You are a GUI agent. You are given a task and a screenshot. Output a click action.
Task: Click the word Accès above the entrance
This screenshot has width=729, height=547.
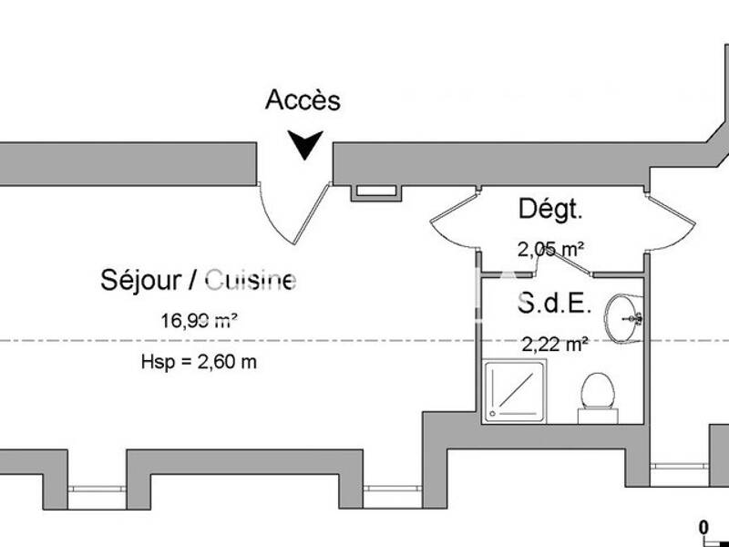(x=303, y=100)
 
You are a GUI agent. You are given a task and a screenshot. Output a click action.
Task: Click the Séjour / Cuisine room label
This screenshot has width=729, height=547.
(x=197, y=281)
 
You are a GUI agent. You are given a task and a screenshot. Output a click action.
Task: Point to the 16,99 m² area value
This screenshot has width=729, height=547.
(x=200, y=320)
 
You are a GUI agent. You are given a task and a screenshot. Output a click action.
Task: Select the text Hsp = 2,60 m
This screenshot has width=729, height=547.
(x=199, y=362)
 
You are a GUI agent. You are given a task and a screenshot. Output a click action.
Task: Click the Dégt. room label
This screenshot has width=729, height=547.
(x=549, y=210)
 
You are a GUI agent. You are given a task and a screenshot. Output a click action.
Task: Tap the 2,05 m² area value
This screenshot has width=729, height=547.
(x=550, y=248)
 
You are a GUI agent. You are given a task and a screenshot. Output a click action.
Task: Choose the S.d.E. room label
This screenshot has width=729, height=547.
(x=554, y=303)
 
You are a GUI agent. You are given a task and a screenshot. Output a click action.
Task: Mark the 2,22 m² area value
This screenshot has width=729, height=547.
(x=554, y=344)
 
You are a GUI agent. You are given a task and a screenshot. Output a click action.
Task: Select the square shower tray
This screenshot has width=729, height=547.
(x=516, y=390)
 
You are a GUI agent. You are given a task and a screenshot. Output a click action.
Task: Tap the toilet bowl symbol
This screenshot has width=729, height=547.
(x=597, y=393)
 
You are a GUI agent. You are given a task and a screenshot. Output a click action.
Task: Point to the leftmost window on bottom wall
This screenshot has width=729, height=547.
(x=97, y=489)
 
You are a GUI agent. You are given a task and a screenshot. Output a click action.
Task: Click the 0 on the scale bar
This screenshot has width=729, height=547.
(x=703, y=526)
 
